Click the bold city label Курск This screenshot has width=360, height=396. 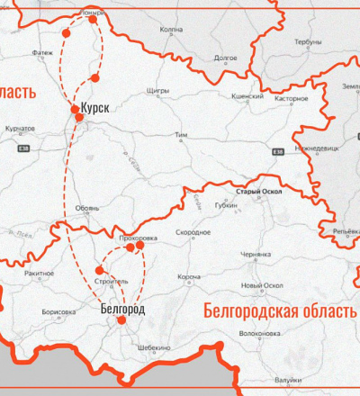point(94,108)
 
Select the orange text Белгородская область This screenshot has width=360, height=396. point(279,311)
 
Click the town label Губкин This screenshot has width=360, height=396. point(225,205)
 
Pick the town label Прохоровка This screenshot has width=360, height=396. point(138,238)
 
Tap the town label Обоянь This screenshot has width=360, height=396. point(87,208)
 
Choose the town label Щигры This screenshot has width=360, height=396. point(157,92)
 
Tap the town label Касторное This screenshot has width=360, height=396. point(291,98)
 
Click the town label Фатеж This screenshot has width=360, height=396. point(42,52)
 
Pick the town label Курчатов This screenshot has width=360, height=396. point(20,129)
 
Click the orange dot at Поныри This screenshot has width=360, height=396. point(94,19)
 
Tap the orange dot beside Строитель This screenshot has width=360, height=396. point(99,270)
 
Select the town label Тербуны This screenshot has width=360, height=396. point(308,41)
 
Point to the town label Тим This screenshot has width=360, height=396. point(181,135)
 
